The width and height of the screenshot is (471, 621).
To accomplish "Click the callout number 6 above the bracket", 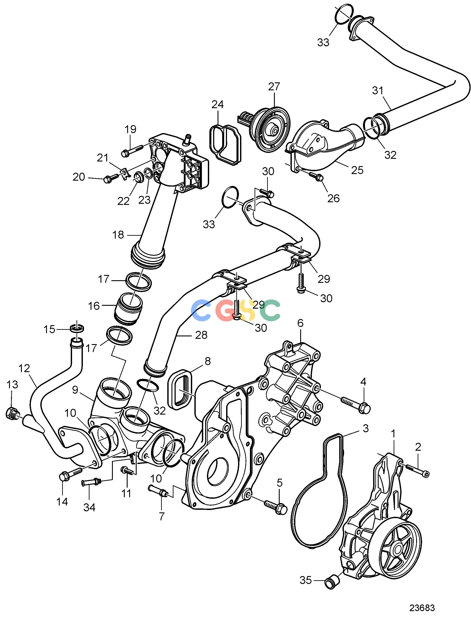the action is pyautogui.click(x=300, y=323).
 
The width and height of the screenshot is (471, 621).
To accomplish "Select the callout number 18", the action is pyautogui.click(x=118, y=235).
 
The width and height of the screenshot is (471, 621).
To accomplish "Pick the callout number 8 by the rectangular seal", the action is pyautogui.click(x=208, y=361).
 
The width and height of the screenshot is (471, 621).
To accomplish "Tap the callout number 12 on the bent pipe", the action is pyautogui.click(x=24, y=368).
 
